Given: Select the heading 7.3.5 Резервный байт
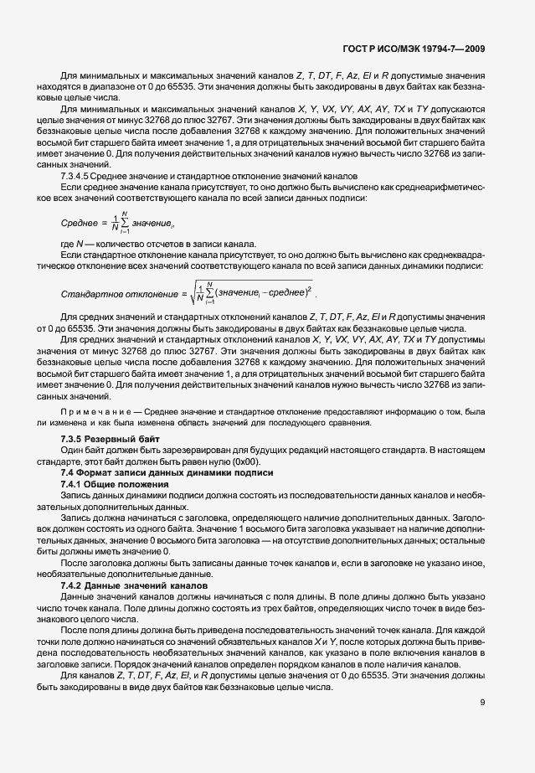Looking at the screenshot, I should [x=102, y=440].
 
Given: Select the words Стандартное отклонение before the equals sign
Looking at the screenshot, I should [x=116, y=293].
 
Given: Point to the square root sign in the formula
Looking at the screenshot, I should [x=194, y=292].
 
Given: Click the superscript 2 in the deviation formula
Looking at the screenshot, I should [x=309, y=287].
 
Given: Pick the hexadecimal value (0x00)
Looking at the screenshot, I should [x=247, y=461].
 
